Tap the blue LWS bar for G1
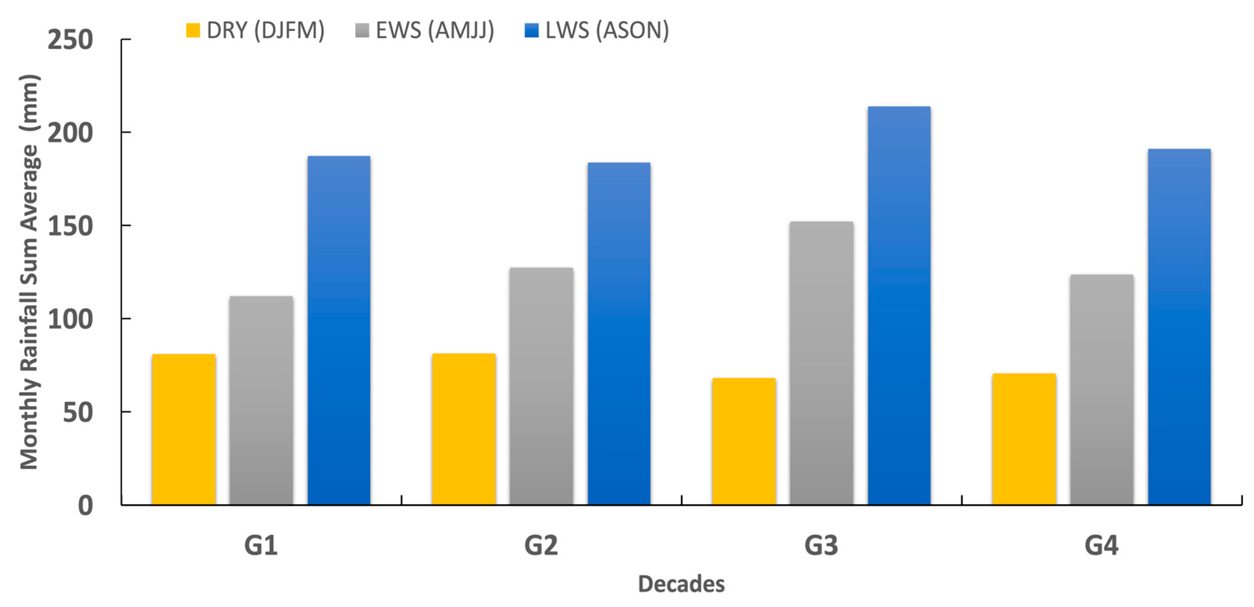[339, 331]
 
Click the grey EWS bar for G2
[541, 386]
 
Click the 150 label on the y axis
[70, 226]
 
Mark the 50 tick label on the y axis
[78, 412]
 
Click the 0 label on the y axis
[86, 506]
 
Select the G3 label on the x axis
[821, 545]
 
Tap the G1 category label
[261, 545]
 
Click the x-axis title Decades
[681, 584]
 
